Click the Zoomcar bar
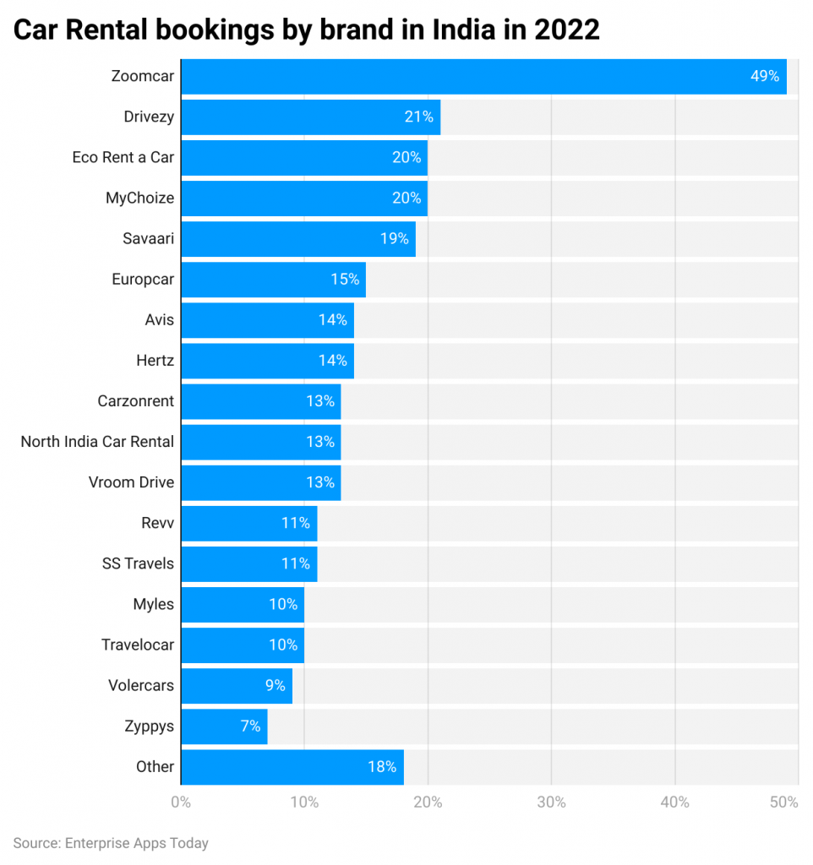pyautogui.click(x=483, y=76)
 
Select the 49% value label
pyautogui.click(x=764, y=76)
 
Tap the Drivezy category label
pyautogui.click(x=148, y=117)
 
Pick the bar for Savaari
pyautogui.click(x=297, y=239)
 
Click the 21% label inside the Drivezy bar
pyautogui.click(x=418, y=117)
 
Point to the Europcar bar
pyautogui.click(x=273, y=280)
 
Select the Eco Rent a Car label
pyautogui.click(x=123, y=157)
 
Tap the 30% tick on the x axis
pyautogui.click(x=551, y=802)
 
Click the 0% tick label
pyautogui.click(x=181, y=802)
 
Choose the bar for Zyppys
pyautogui.click(x=224, y=726)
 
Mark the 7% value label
pyautogui.click(x=249, y=726)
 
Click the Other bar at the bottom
pyautogui.click(x=292, y=767)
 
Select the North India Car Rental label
pyautogui.click(x=97, y=442)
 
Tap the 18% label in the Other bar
pyautogui.click(x=382, y=767)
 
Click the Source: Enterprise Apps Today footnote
pyautogui.click(x=111, y=843)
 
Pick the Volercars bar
pyautogui.click(x=237, y=686)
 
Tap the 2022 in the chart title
pyautogui.click(x=566, y=30)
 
